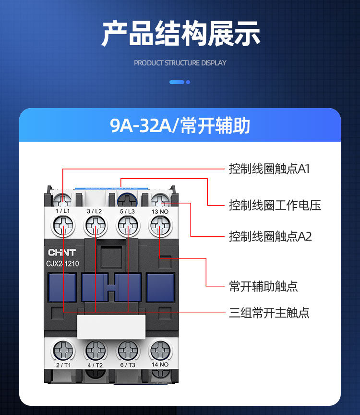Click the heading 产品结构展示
[180, 34]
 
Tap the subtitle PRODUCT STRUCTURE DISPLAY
[180, 63]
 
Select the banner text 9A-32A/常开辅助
[180, 126]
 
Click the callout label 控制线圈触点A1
[269, 169]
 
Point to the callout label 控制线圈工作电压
[275, 206]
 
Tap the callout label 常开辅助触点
[263, 287]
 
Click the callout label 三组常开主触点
[269, 313]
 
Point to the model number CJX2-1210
[63, 263]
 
